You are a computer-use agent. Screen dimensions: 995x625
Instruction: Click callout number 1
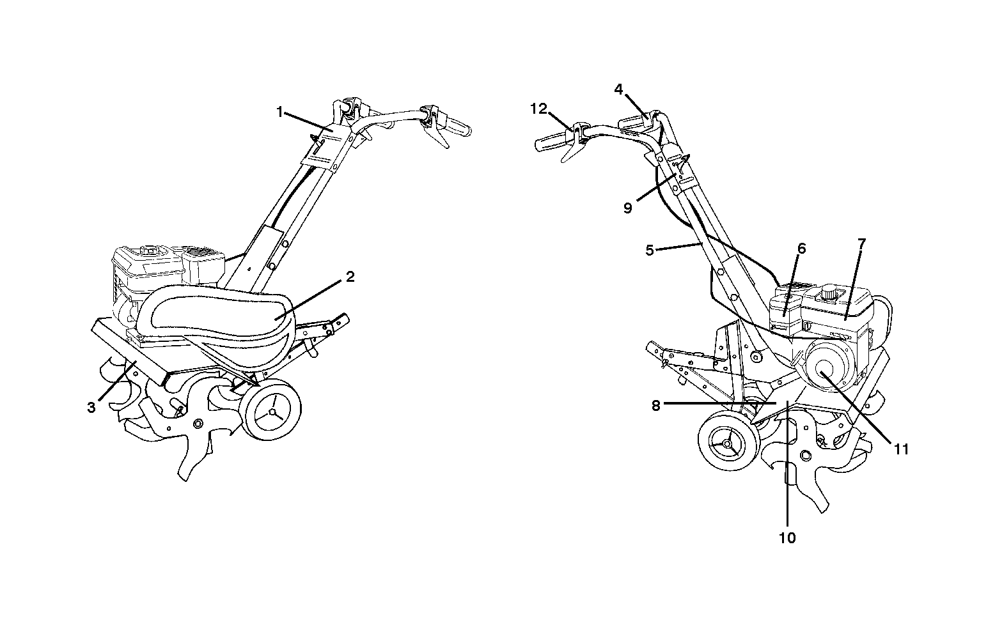279,112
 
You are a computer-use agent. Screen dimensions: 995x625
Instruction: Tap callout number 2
350,277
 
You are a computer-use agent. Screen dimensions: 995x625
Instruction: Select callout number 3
91,408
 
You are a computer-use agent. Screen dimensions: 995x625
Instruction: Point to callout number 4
619,89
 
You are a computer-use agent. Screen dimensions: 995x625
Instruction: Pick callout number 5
650,251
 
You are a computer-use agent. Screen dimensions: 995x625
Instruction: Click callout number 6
801,249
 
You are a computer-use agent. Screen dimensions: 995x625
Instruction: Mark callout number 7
861,243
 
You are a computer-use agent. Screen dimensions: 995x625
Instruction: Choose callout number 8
655,406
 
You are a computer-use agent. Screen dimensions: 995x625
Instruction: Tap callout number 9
628,208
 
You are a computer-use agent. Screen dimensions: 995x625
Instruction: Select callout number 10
787,538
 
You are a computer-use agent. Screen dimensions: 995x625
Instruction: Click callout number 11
901,450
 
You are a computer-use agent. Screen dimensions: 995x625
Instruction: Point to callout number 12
539,109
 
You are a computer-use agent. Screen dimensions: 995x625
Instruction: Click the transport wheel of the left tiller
272,410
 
